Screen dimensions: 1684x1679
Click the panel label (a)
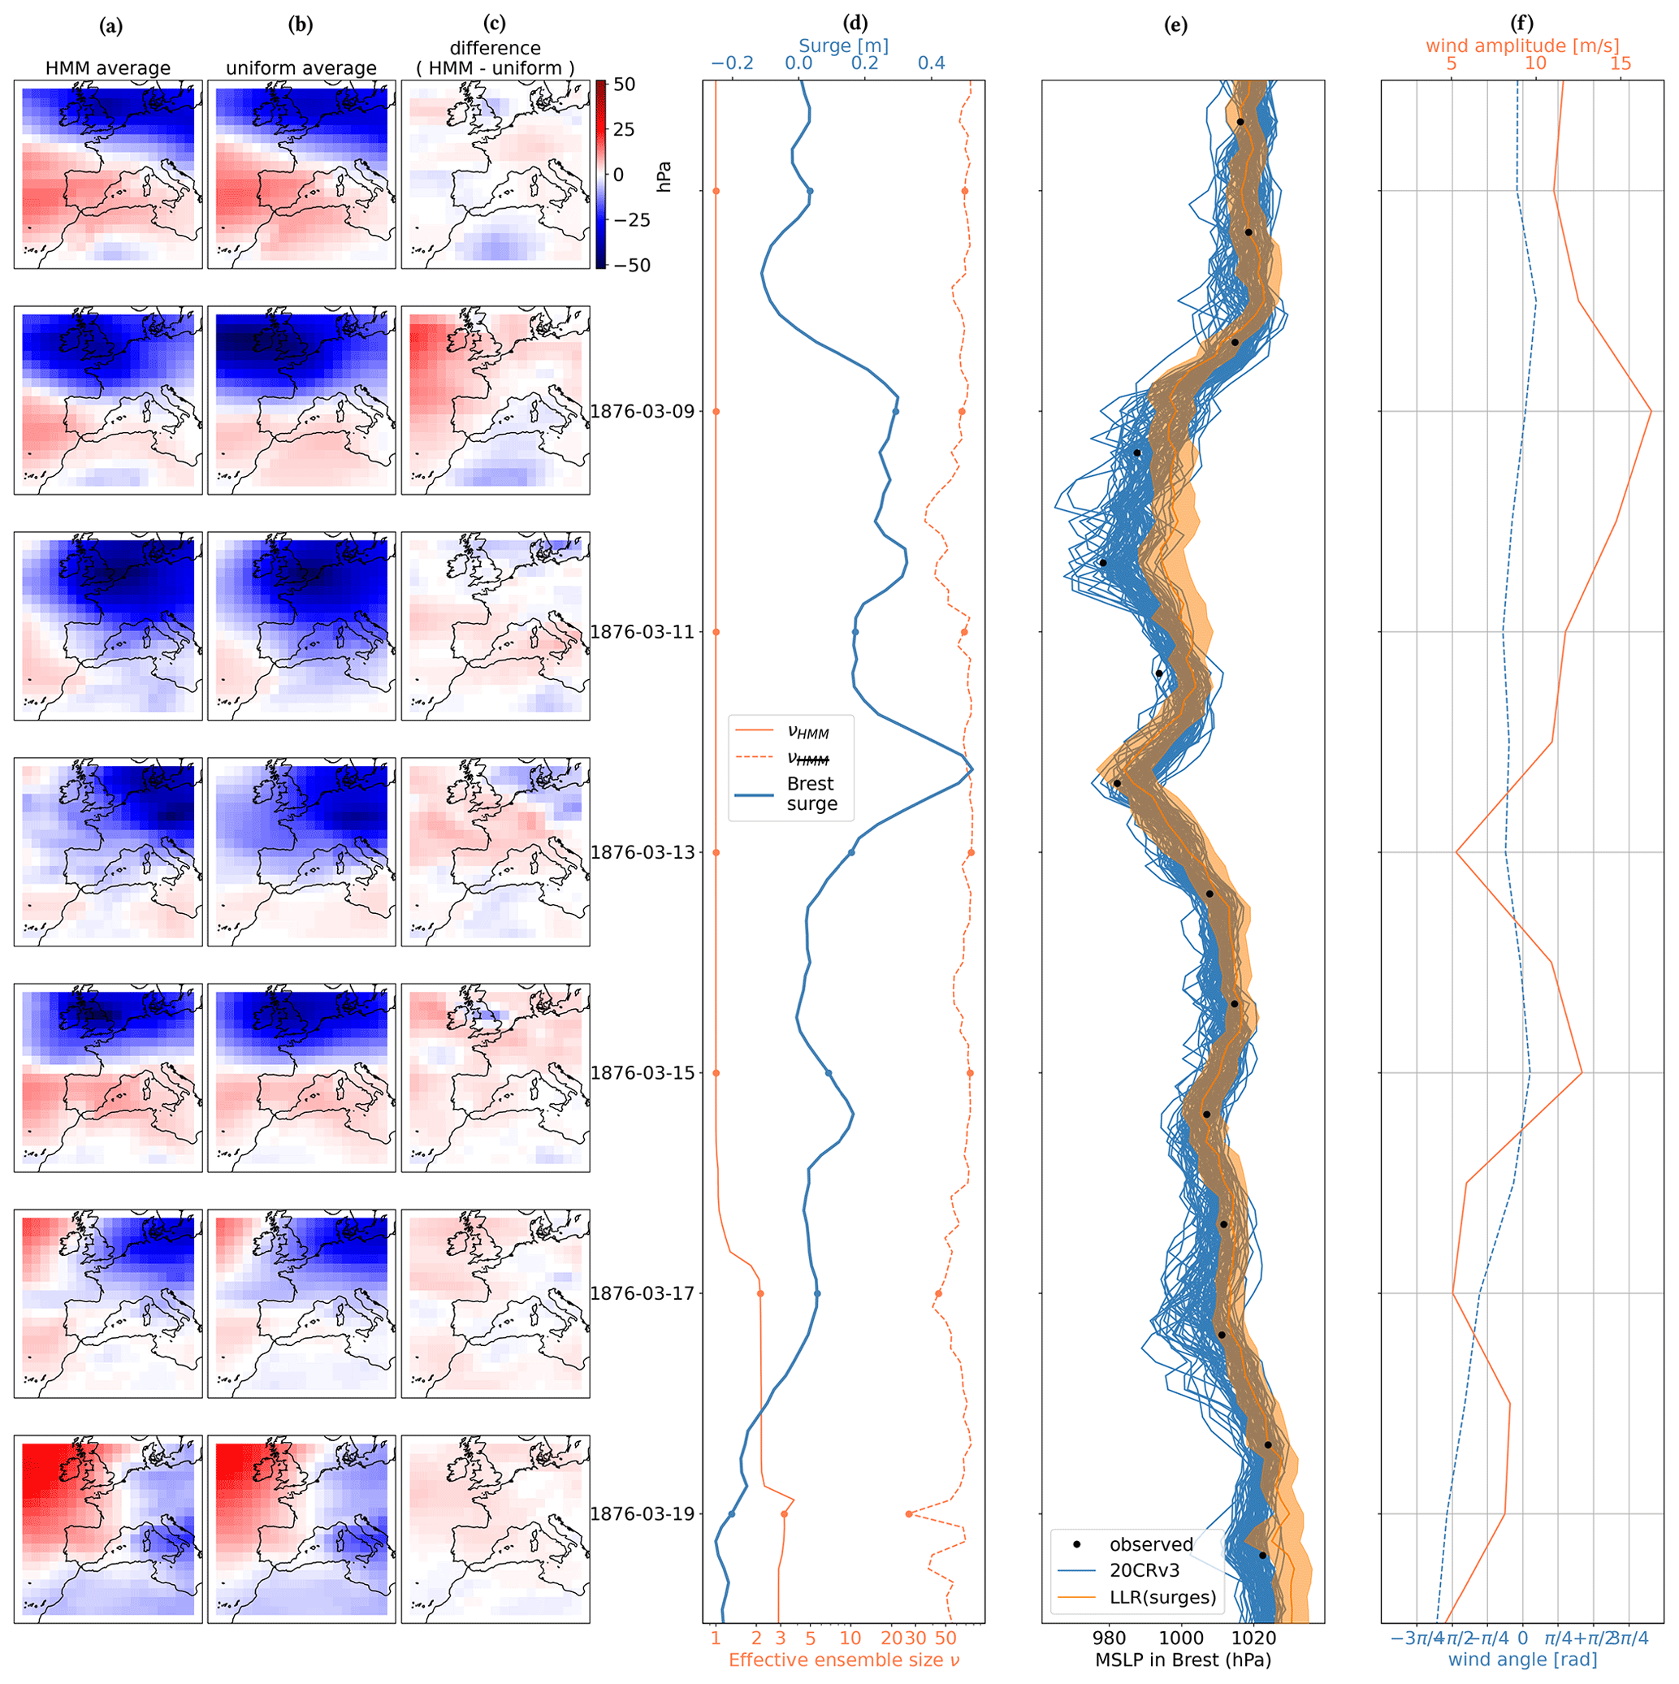pyautogui.click(x=110, y=26)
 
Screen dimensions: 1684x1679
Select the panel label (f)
pyautogui.click(x=1522, y=24)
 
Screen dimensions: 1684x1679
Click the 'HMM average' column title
pyautogui.click(x=108, y=68)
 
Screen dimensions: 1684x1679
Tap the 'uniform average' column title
pyautogui.click(x=301, y=68)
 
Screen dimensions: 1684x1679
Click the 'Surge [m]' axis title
pyautogui.click(x=843, y=45)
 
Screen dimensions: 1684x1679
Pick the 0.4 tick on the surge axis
pyautogui.click(x=931, y=63)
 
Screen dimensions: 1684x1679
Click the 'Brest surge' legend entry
pyautogui.click(x=810, y=794)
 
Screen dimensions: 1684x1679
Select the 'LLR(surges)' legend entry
pyautogui.click(x=1162, y=1598)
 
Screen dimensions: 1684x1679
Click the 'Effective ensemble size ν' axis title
pyautogui.click(x=843, y=1660)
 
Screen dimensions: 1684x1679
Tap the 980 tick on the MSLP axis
pyautogui.click(x=1109, y=1639)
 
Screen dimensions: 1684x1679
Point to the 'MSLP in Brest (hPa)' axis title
pyautogui.click(x=1182, y=1660)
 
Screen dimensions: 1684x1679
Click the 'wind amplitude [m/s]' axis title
pyautogui.click(x=1522, y=45)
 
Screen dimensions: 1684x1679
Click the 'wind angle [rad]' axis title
pyautogui.click(x=1522, y=1660)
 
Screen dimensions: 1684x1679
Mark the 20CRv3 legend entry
pyautogui.click(x=1144, y=1571)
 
